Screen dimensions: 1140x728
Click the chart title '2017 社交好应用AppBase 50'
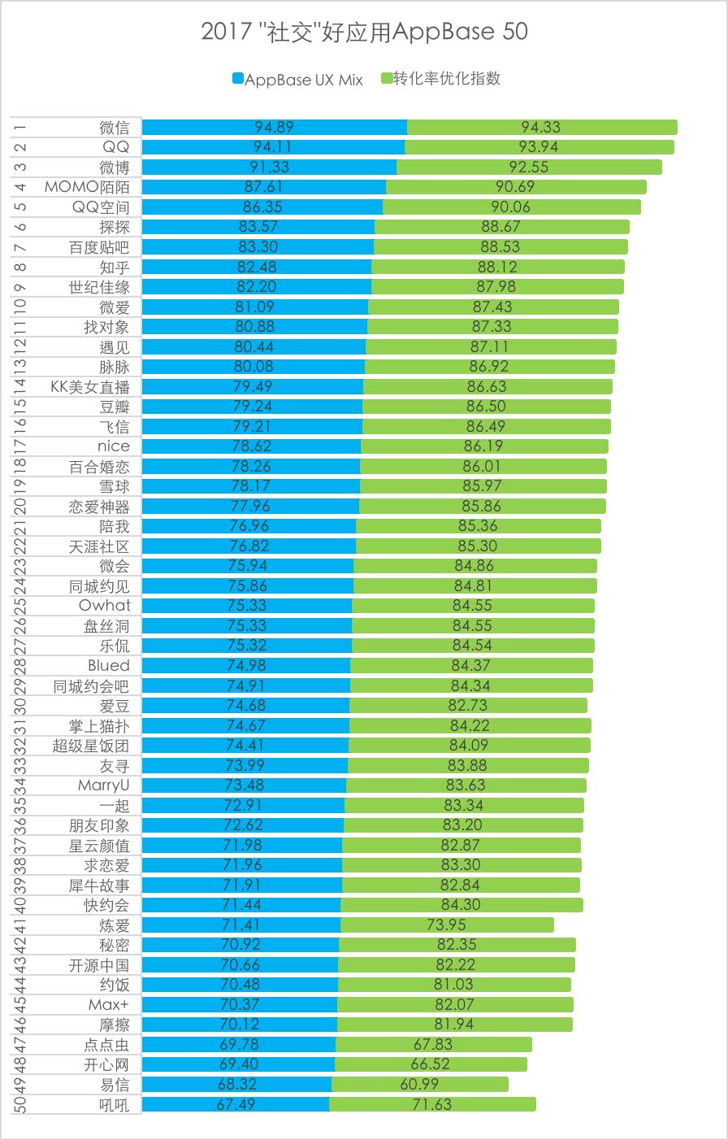tap(364, 32)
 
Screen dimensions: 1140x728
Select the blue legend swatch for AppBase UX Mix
tap(238, 79)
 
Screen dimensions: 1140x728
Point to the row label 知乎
tap(115, 268)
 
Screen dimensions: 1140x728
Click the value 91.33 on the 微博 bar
tap(269, 168)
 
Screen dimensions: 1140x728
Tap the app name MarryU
tap(103, 785)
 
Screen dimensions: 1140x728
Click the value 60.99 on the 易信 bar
tap(419, 1085)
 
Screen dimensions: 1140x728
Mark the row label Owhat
tap(104, 606)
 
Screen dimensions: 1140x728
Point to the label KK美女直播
tap(89, 387)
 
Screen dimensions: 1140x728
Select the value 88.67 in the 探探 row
tap(500, 227)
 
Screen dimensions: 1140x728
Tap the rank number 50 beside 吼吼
tap(19, 1104)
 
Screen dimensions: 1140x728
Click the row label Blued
tap(109, 666)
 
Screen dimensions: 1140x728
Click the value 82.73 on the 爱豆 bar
tap(468, 706)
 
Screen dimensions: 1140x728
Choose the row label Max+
tap(109, 1005)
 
